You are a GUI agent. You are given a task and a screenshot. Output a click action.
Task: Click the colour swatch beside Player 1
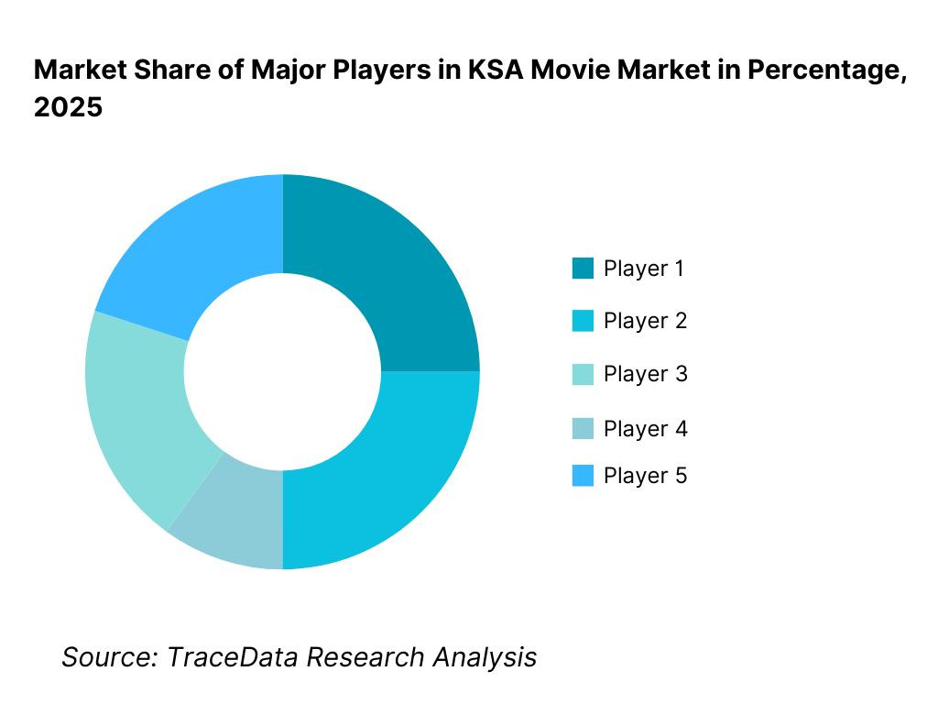pos(583,269)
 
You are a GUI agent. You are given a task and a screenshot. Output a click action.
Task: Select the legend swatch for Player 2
pos(583,321)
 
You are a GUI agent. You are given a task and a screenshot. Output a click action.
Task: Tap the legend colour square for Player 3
pos(583,374)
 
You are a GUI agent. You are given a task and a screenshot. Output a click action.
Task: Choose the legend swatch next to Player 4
pos(583,428)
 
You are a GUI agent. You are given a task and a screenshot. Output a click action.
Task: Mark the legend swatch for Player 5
pos(583,476)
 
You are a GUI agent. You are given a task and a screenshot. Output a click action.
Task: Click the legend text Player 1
pos(644,269)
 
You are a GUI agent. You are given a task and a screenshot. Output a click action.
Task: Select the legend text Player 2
pos(645,321)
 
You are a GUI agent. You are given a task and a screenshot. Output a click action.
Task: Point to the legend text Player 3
pos(645,374)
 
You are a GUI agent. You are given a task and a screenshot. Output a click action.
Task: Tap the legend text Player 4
pos(645,428)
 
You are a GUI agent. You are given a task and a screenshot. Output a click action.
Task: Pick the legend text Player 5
pos(645,476)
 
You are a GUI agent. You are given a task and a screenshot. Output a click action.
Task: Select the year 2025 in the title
pos(68,107)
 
